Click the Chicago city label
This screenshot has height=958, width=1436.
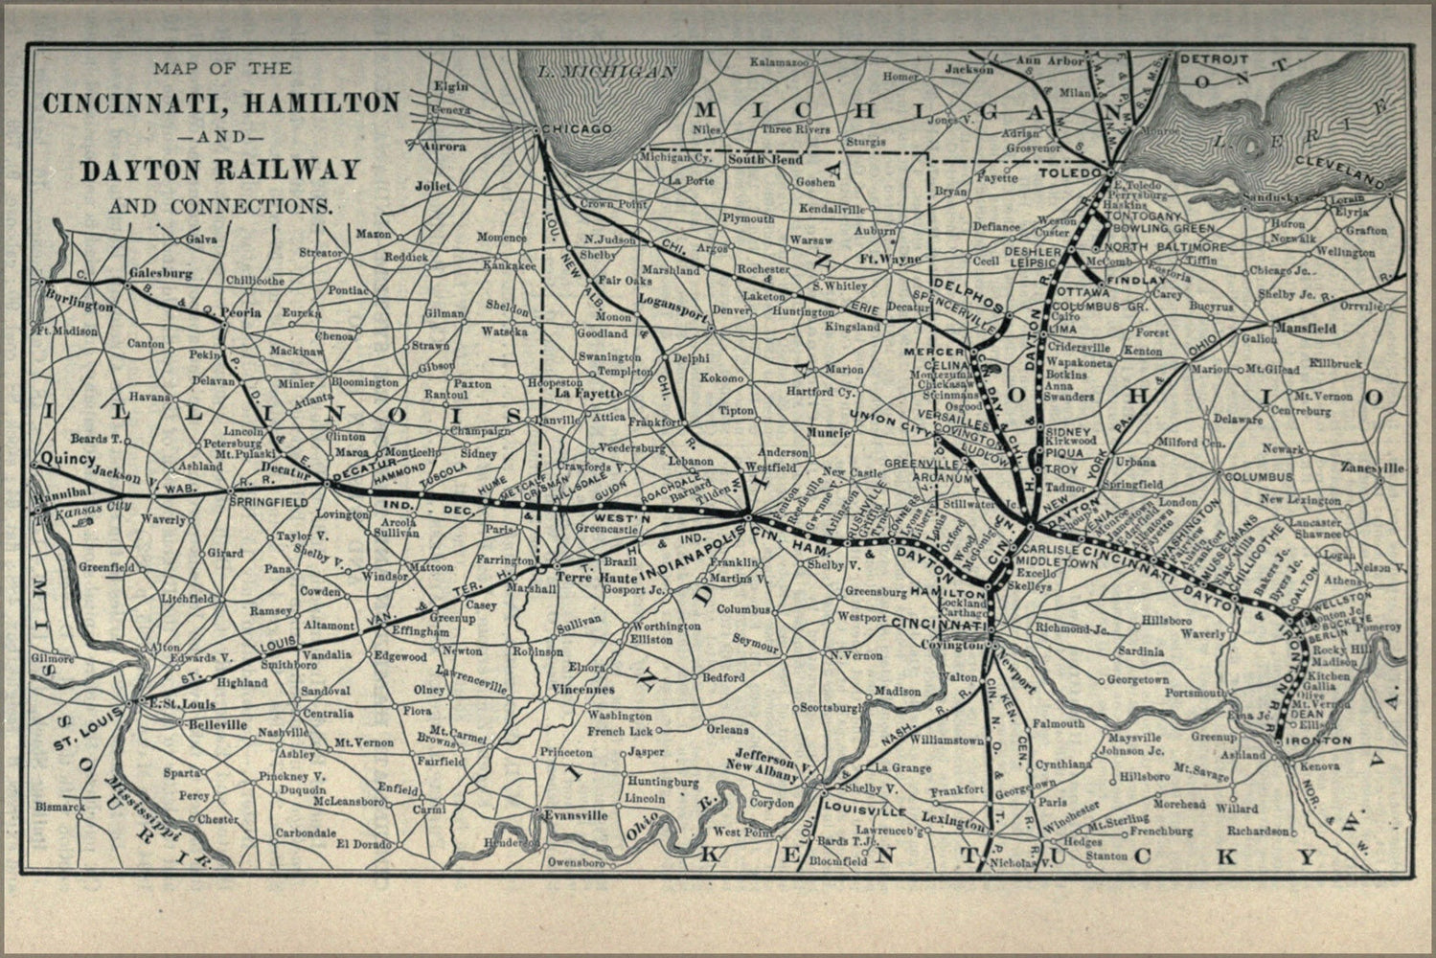[576, 128]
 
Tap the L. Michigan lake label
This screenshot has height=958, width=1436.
[593, 72]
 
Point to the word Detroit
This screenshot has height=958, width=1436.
[1213, 59]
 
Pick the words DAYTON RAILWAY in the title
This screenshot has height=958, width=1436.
[219, 170]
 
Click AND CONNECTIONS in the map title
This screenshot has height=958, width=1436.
[219, 206]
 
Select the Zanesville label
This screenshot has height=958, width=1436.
[1373, 468]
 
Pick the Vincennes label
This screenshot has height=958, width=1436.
[583, 689]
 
